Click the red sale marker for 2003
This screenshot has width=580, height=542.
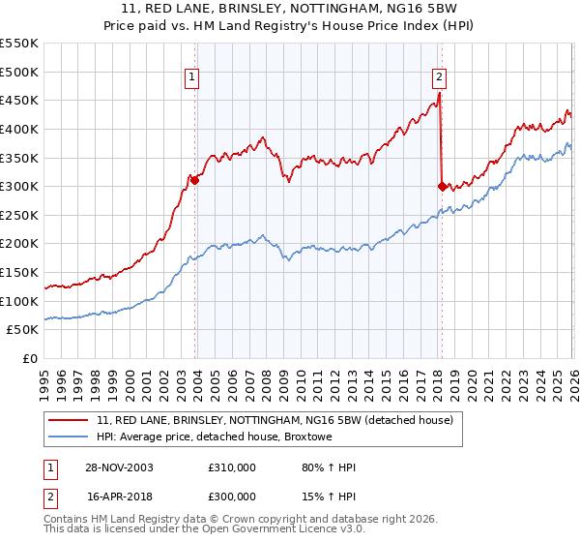(x=195, y=179)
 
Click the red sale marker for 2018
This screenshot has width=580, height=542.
(x=442, y=186)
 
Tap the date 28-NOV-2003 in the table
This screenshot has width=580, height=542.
(x=120, y=467)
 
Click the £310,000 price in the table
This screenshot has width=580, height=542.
(x=232, y=467)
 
